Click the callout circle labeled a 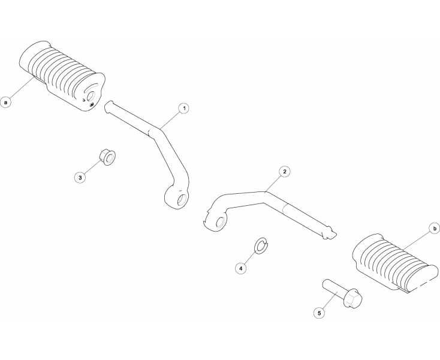click(5, 101)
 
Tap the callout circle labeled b click(435, 229)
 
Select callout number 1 click(184, 109)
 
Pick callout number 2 click(285, 172)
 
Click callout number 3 click(80, 178)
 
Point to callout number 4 click(241, 268)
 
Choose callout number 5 click(319, 313)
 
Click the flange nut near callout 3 click(108, 157)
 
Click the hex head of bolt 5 click(352, 298)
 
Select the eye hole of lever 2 click(220, 222)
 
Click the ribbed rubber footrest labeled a click(62, 74)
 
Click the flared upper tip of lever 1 click(109, 107)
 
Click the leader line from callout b click(417, 241)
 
